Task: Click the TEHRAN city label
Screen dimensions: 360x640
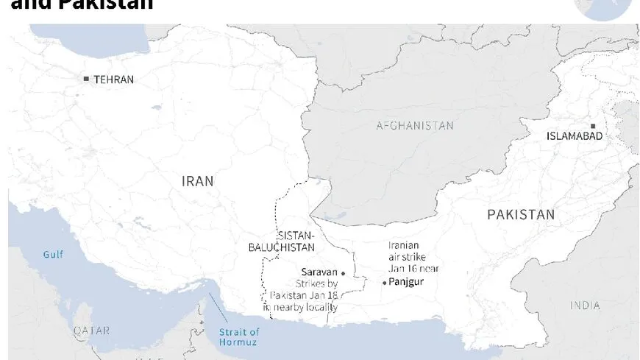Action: point(113,80)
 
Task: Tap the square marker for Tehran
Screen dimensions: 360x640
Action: point(86,79)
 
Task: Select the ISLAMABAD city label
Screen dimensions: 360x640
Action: point(575,136)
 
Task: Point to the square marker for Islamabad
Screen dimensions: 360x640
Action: point(593,126)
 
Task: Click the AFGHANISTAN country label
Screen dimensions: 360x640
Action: point(415,126)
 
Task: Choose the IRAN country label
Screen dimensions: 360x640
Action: point(198,180)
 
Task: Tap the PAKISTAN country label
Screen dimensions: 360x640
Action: point(521,214)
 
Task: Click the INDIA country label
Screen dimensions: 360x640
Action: point(585,305)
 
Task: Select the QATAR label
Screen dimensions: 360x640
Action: point(91,331)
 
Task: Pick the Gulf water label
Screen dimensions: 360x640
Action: point(53,255)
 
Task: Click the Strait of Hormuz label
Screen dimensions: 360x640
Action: point(239,336)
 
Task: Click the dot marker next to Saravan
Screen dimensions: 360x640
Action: point(343,273)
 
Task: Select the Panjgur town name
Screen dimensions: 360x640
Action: point(406,282)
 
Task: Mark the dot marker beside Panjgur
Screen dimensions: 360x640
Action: point(384,283)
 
